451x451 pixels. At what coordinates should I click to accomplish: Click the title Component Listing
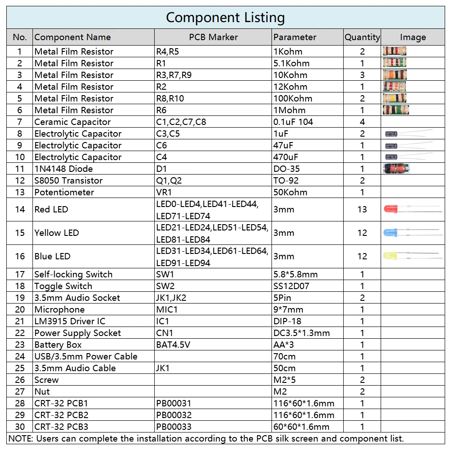[225, 18]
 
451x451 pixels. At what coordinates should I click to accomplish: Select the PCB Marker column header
[213, 37]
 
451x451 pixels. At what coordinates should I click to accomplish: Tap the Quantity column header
[362, 37]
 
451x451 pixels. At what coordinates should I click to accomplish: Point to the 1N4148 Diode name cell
[64, 169]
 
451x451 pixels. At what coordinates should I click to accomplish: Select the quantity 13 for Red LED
[362, 210]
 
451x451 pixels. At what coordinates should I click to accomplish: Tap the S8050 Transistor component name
[69, 181]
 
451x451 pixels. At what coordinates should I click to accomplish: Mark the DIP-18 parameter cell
[287, 322]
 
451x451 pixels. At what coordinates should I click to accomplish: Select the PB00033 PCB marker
[174, 427]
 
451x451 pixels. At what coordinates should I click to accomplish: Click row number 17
[20, 275]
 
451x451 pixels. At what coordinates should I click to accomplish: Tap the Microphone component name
[60, 310]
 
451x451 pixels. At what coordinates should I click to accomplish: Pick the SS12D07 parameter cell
[291, 286]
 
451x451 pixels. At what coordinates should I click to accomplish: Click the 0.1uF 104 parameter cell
[293, 122]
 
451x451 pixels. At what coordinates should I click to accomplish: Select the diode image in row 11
[396, 169]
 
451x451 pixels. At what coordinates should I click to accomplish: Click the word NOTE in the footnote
[20, 439]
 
